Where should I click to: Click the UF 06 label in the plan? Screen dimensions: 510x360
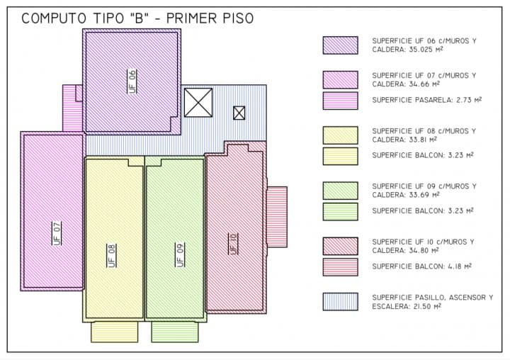132,81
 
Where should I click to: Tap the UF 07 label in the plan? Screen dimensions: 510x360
57,233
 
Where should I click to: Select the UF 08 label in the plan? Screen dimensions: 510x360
112,256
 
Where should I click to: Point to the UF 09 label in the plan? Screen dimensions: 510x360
180,255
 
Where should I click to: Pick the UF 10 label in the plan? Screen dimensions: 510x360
234,244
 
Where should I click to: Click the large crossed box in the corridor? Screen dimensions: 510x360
198,103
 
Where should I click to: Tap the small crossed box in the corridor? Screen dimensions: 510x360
239,113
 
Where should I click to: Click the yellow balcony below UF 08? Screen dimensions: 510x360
115,332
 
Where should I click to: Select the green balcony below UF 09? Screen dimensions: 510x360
175,332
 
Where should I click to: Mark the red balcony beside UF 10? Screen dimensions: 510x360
277,217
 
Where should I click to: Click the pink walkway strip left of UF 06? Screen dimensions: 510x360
72,108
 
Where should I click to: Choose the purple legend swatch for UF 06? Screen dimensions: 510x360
341,45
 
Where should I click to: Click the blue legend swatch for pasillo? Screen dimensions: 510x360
341,302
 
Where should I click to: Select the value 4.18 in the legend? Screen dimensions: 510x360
455,266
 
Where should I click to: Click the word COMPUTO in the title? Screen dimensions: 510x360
54,18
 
